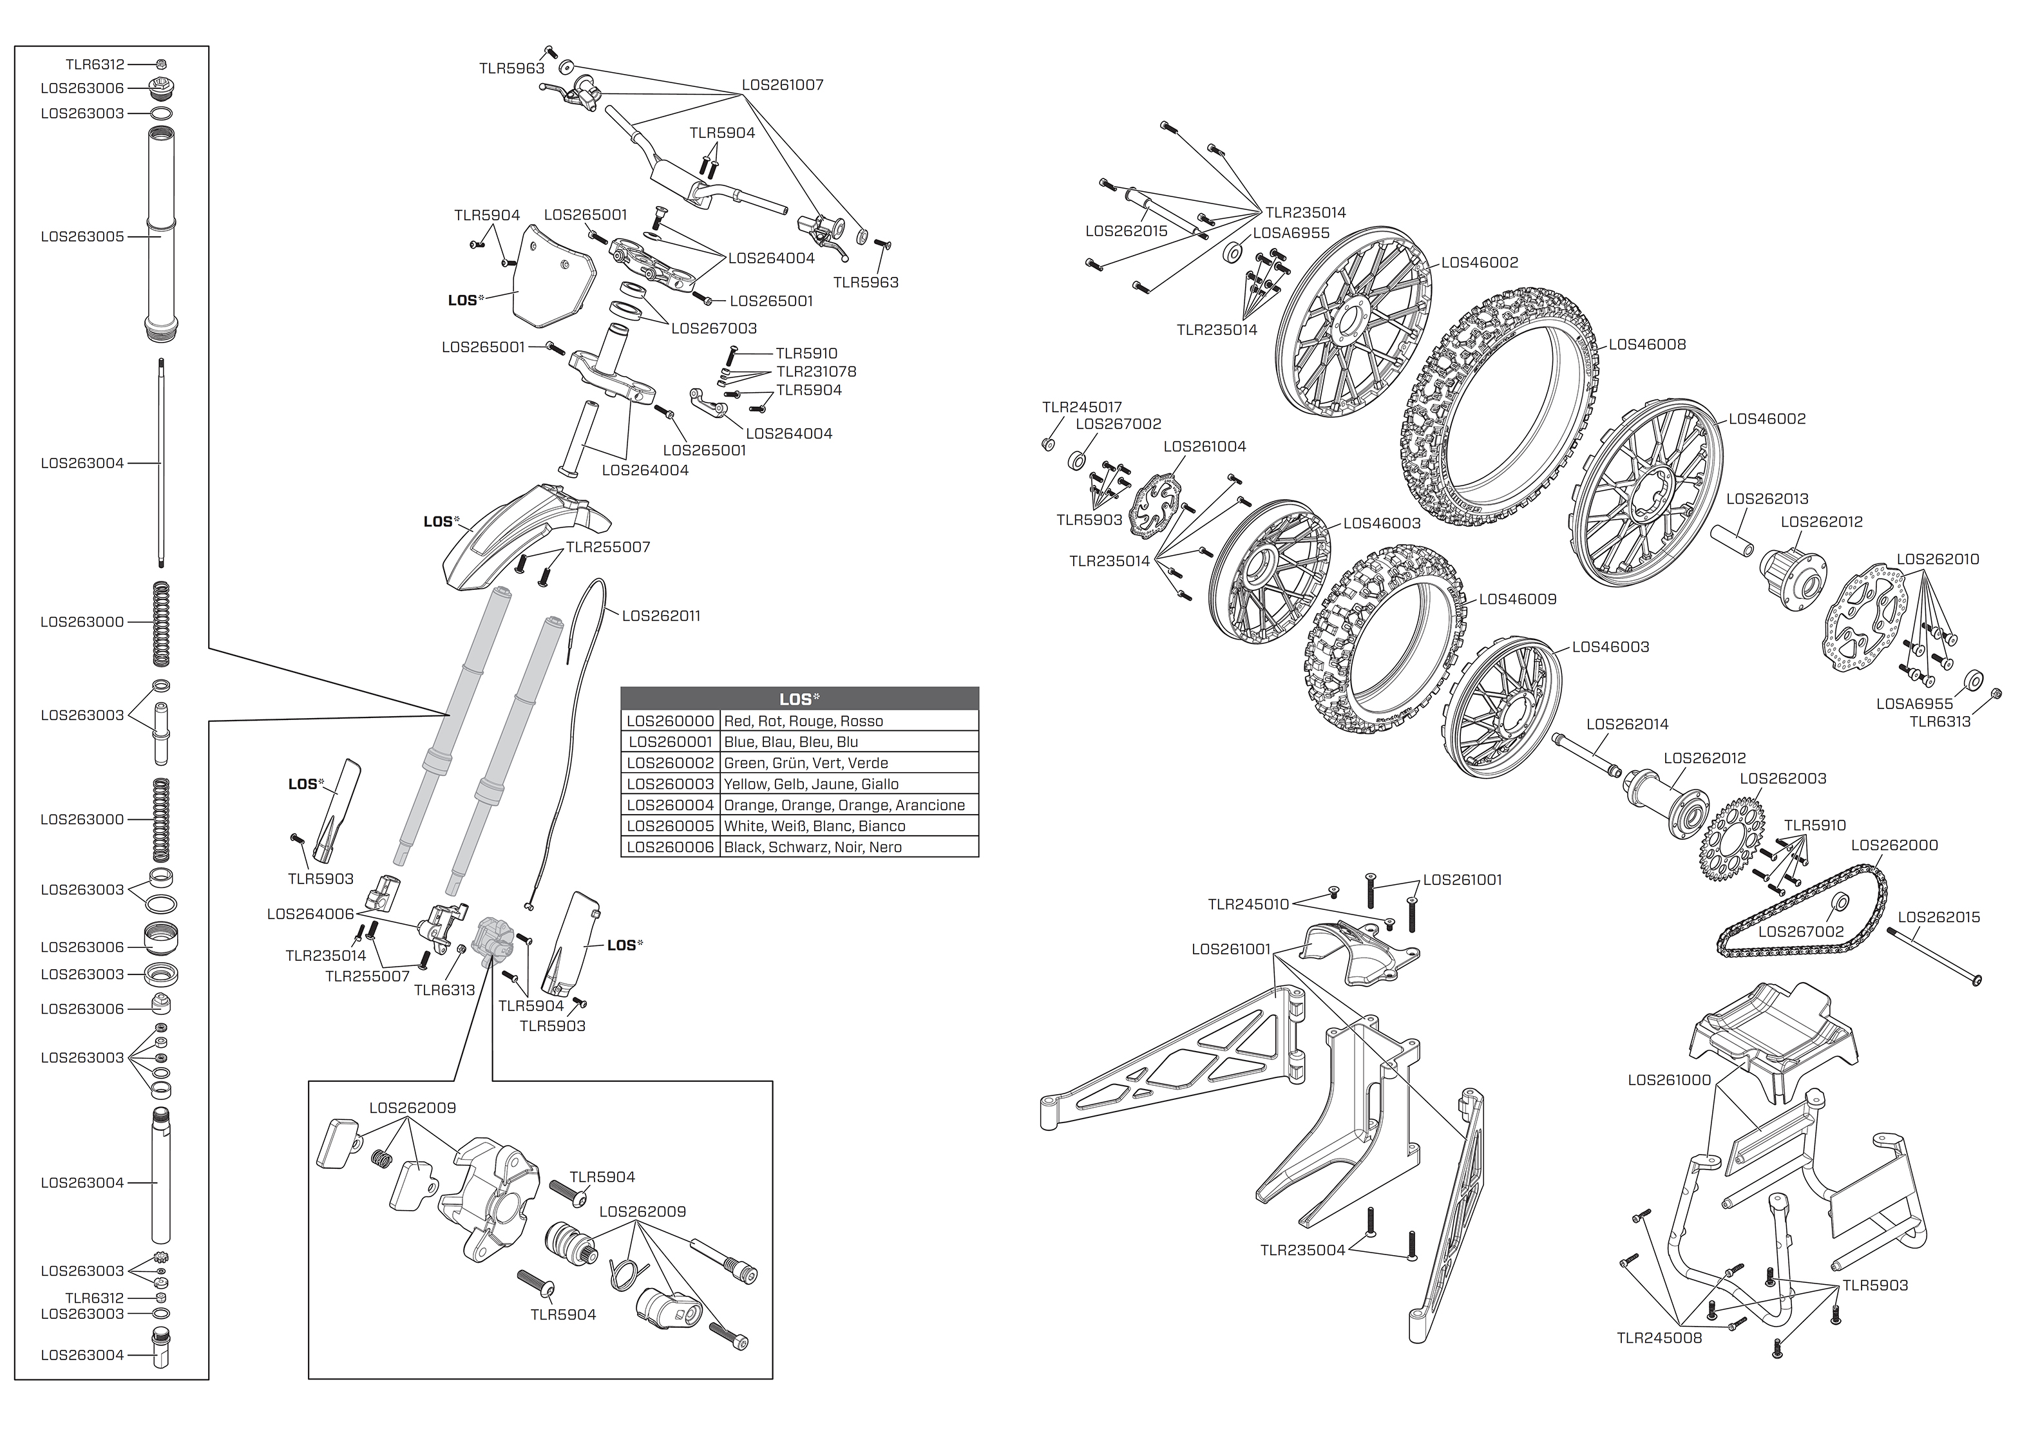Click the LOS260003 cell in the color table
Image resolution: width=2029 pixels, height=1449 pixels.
670,784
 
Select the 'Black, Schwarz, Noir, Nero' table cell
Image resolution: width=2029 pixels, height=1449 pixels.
848,848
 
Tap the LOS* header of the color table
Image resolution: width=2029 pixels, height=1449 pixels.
799,699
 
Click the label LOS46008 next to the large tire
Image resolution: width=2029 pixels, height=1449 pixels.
1647,345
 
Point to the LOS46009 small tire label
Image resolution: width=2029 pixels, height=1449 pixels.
1518,599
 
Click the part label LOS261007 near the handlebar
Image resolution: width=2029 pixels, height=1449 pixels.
783,85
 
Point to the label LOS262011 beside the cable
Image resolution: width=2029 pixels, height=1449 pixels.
661,616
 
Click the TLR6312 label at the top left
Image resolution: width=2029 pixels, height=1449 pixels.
95,64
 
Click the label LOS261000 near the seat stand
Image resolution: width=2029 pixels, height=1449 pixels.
1668,1079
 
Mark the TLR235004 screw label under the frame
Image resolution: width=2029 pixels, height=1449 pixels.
1302,1250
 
